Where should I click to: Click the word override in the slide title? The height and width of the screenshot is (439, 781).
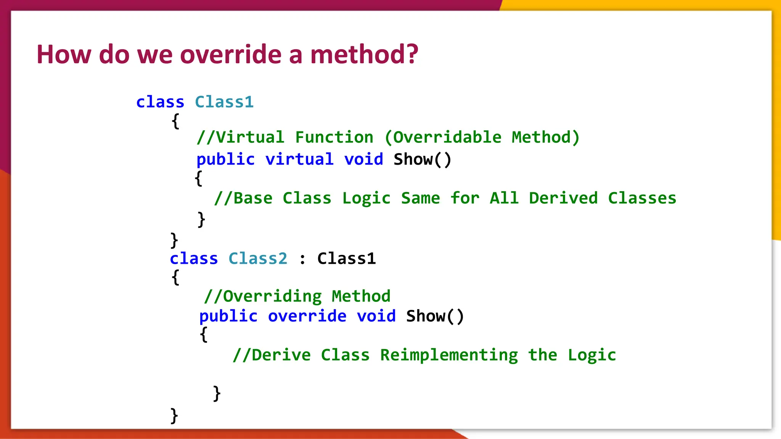click(230, 54)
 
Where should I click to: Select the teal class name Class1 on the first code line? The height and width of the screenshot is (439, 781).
click(224, 102)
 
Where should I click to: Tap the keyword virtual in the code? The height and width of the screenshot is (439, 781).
click(299, 159)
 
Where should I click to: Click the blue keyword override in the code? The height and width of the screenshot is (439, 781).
click(307, 316)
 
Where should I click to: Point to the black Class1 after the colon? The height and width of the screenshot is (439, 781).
click(346, 259)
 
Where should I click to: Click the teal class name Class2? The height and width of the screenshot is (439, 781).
click(258, 259)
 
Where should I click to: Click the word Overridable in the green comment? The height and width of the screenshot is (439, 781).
click(447, 137)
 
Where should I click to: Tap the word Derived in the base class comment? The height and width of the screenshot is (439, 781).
click(563, 198)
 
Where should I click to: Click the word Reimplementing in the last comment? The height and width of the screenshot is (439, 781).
click(449, 355)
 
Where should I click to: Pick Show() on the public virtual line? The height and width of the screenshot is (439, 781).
click(422, 159)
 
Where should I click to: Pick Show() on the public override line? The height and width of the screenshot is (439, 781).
click(435, 316)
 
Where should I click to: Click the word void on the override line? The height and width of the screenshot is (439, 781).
click(376, 316)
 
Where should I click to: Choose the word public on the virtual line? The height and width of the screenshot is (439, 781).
click(225, 159)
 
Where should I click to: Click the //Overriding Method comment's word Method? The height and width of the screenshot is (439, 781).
click(361, 296)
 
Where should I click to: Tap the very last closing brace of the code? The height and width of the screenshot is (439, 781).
click(174, 416)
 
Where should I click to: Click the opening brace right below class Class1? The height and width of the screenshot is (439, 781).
click(175, 122)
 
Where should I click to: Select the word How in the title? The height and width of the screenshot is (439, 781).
click(64, 54)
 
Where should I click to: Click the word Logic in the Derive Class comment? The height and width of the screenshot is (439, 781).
click(591, 355)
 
